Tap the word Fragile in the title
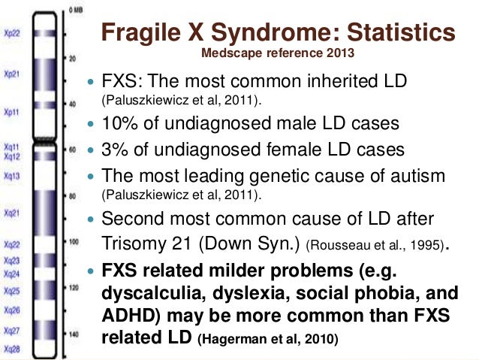pyautogui.click(x=137, y=33)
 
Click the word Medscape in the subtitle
pyautogui.click(x=228, y=54)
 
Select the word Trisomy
pyautogui.click(x=129, y=244)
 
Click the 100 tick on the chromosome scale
pyautogui.click(x=74, y=244)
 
